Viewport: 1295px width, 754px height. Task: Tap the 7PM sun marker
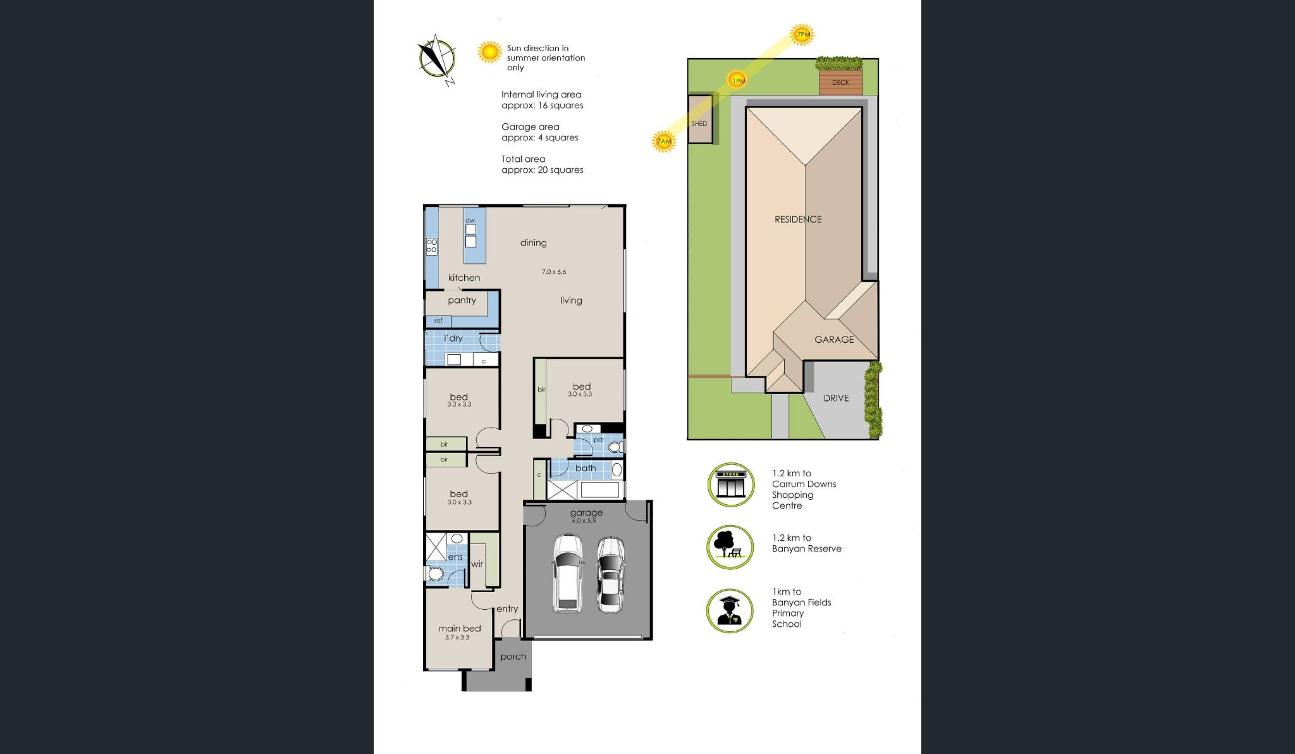tap(802, 35)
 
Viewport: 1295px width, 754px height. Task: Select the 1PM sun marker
tap(737, 80)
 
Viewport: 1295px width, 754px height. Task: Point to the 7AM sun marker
tap(663, 141)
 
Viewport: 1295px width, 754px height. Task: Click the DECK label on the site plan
tap(840, 83)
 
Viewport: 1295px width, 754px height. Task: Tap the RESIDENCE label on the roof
tap(798, 219)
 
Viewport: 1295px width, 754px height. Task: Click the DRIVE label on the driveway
tap(836, 399)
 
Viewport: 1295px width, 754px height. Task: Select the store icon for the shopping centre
tap(730, 485)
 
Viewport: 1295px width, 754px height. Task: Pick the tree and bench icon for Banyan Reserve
tap(730, 547)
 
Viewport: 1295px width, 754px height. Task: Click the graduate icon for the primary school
tap(730, 611)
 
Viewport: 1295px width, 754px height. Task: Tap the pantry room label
tap(462, 300)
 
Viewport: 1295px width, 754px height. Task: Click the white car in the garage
tap(568, 573)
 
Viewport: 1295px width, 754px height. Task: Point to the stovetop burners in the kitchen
tap(432, 246)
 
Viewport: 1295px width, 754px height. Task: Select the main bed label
tap(460, 628)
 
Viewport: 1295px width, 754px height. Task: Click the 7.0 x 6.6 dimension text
tap(554, 272)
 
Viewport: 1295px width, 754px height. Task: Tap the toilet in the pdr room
tap(614, 448)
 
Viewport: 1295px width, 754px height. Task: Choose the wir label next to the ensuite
tap(477, 564)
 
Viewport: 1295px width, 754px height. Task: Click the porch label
tap(513, 657)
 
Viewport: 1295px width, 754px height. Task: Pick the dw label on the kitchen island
tap(470, 221)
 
